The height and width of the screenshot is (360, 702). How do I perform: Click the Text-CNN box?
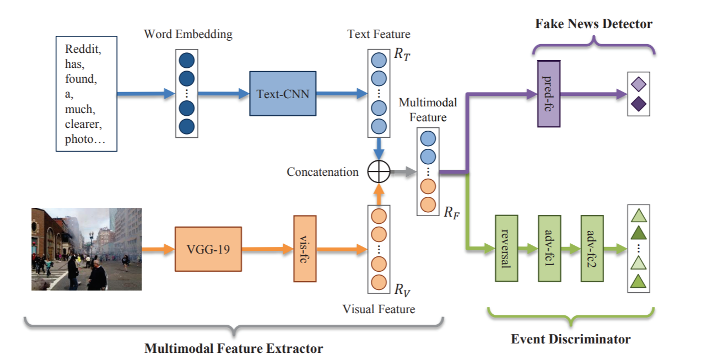click(283, 94)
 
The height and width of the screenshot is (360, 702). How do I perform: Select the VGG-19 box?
click(208, 249)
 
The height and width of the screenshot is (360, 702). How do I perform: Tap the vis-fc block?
click(305, 249)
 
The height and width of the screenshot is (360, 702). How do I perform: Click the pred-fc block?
click(549, 94)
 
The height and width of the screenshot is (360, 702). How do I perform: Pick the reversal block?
click(506, 249)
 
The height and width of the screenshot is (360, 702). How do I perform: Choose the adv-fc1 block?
click(549, 249)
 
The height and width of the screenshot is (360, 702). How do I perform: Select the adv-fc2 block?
click(592, 249)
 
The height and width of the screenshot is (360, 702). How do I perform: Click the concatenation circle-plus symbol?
click(379, 171)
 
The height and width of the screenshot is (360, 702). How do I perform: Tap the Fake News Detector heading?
click(593, 24)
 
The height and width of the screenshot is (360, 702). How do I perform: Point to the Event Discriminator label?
click(571, 339)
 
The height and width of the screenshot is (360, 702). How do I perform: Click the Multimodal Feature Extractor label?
click(234, 348)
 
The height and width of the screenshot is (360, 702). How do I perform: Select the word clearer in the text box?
click(83, 124)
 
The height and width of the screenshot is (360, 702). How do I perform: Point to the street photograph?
click(87, 249)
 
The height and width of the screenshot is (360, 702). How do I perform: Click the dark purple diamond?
click(639, 104)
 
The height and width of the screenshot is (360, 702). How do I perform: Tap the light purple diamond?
click(639, 84)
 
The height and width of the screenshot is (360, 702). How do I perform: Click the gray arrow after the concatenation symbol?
click(404, 171)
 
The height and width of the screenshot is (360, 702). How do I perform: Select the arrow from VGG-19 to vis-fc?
click(268, 249)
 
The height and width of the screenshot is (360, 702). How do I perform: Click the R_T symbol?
click(402, 54)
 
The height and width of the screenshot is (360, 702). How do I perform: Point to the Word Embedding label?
click(188, 34)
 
